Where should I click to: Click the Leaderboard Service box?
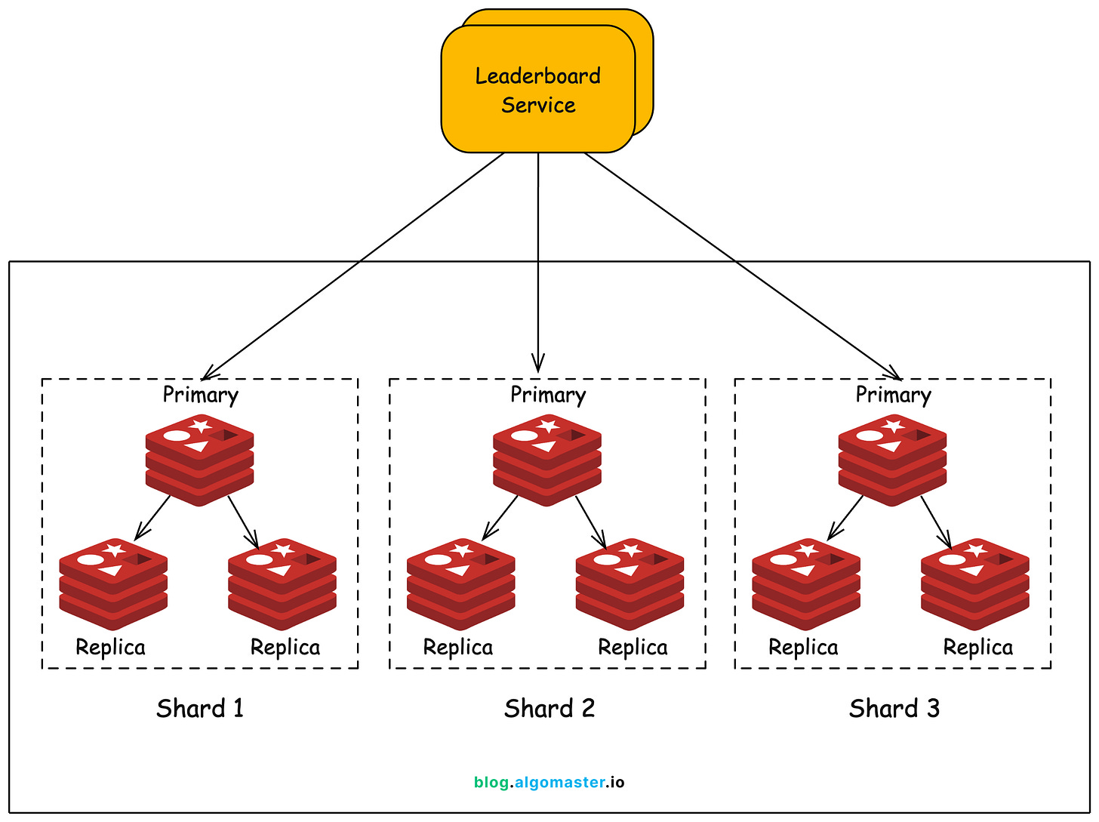[x=537, y=89]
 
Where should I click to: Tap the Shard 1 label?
[x=200, y=709]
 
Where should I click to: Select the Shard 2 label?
[x=549, y=709]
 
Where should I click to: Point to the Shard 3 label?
[x=894, y=709]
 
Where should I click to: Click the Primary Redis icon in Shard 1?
[x=199, y=459]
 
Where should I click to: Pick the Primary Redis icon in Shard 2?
[x=547, y=459]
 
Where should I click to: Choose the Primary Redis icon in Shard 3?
[x=892, y=459]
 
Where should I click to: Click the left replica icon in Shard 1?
[x=113, y=583]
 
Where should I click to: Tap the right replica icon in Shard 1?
[x=282, y=583]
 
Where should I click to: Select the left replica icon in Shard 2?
[x=460, y=583]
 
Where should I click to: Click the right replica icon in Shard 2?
[x=630, y=583]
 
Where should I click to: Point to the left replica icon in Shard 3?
[x=806, y=583]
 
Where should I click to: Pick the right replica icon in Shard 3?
[x=975, y=583]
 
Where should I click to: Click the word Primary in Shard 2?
[x=548, y=395]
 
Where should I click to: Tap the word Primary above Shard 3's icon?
[x=893, y=395]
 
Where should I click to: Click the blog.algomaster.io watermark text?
[x=549, y=782]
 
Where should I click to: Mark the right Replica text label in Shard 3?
[x=977, y=648]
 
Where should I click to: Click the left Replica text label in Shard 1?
[x=110, y=648]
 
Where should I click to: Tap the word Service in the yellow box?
[x=538, y=105]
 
